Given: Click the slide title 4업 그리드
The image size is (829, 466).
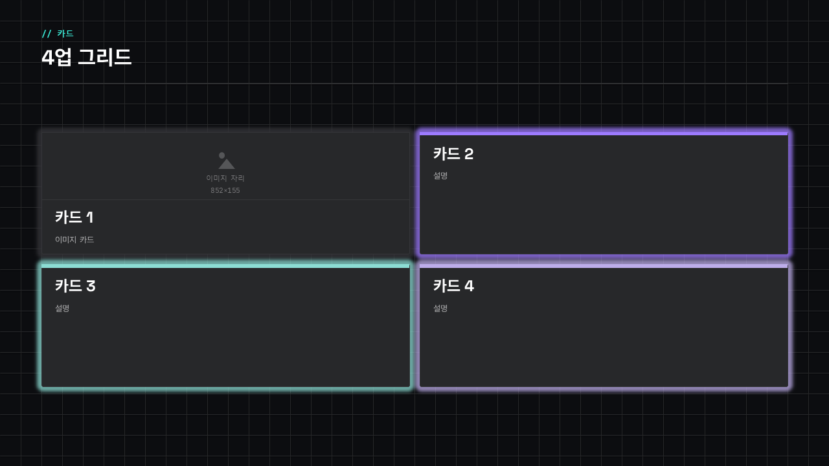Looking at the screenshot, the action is pos(86,58).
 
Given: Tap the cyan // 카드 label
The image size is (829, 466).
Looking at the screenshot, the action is pos(58,34).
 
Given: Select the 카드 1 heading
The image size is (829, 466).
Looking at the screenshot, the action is pos(74,217).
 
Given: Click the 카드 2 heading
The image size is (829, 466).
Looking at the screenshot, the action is pos(453,154).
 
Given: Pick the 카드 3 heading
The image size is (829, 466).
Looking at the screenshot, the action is pos(75,286).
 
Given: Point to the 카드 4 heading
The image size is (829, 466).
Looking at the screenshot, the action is pos(453,286).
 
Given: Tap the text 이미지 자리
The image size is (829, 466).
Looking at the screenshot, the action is pos(225,178).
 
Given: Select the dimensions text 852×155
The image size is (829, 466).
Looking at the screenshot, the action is pos(225,190).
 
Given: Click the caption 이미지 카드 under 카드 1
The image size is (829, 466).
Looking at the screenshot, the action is pos(74,239).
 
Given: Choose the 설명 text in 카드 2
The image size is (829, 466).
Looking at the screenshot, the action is pos(440,175).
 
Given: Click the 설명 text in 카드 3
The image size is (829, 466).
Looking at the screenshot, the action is pos(62,308).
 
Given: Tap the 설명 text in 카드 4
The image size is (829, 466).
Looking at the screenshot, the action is pos(440,308).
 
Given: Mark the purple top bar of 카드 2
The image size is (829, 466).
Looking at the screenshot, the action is pos(604,133).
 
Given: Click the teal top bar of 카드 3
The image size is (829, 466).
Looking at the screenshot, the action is pos(225,266).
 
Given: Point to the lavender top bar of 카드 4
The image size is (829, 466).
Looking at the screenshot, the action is pos(604,266).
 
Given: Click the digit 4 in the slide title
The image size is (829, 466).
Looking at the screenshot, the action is pos(48,58).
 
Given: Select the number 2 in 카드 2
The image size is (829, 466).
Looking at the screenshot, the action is pos(469,154).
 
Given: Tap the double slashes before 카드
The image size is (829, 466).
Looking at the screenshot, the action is pos(47,34).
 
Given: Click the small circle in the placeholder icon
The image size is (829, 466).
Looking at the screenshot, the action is pos(221,155).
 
